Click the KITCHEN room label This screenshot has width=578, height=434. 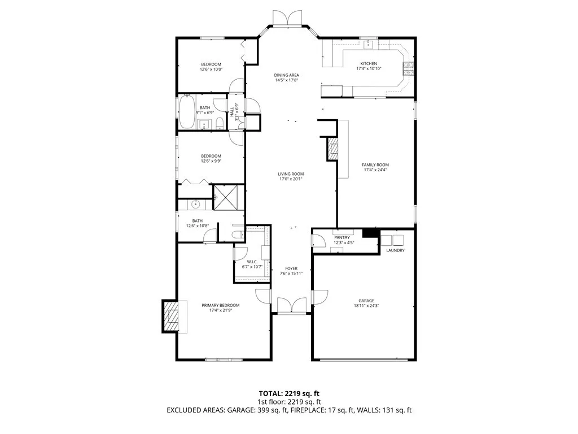click(x=366, y=63)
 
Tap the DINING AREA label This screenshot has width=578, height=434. click(x=286, y=75)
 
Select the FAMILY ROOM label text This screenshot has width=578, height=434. click(x=375, y=165)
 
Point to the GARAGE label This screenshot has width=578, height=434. click(x=366, y=301)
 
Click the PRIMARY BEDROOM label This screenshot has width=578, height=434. click(x=221, y=305)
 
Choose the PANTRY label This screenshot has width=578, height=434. click(x=343, y=237)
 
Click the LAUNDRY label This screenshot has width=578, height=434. click(x=395, y=250)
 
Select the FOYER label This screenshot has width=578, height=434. click(x=291, y=268)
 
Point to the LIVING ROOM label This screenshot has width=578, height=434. click(x=291, y=174)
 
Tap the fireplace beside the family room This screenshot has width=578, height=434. click(x=332, y=149)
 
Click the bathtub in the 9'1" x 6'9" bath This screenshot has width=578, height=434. click(x=187, y=112)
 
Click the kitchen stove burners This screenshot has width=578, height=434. click(x=408, y=68)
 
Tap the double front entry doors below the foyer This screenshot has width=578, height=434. click(x=291, y=306)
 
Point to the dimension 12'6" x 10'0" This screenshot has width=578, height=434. click(x=211, y=70)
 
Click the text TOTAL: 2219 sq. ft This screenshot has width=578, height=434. click(x=289, y=393)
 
